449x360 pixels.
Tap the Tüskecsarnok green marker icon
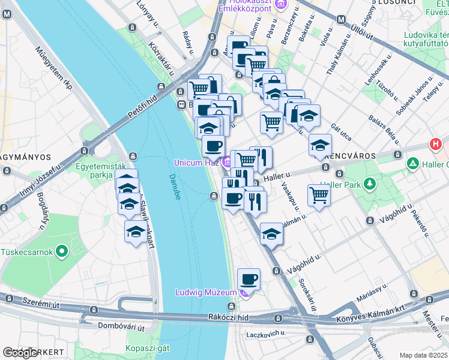click(x=61, y=251)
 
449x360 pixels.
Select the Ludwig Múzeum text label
click(x=206, y=292)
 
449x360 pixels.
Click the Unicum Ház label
click(x=196, y=163)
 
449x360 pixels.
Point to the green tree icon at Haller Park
click(x=370, y=184)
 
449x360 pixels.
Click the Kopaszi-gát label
click(x=147, y=349)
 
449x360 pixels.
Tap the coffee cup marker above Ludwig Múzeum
click(x=249, y=279)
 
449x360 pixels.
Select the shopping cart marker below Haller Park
click(x=319, y=194)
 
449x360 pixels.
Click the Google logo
click(x=20, y=353)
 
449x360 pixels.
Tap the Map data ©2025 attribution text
click(x=424, y=355)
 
